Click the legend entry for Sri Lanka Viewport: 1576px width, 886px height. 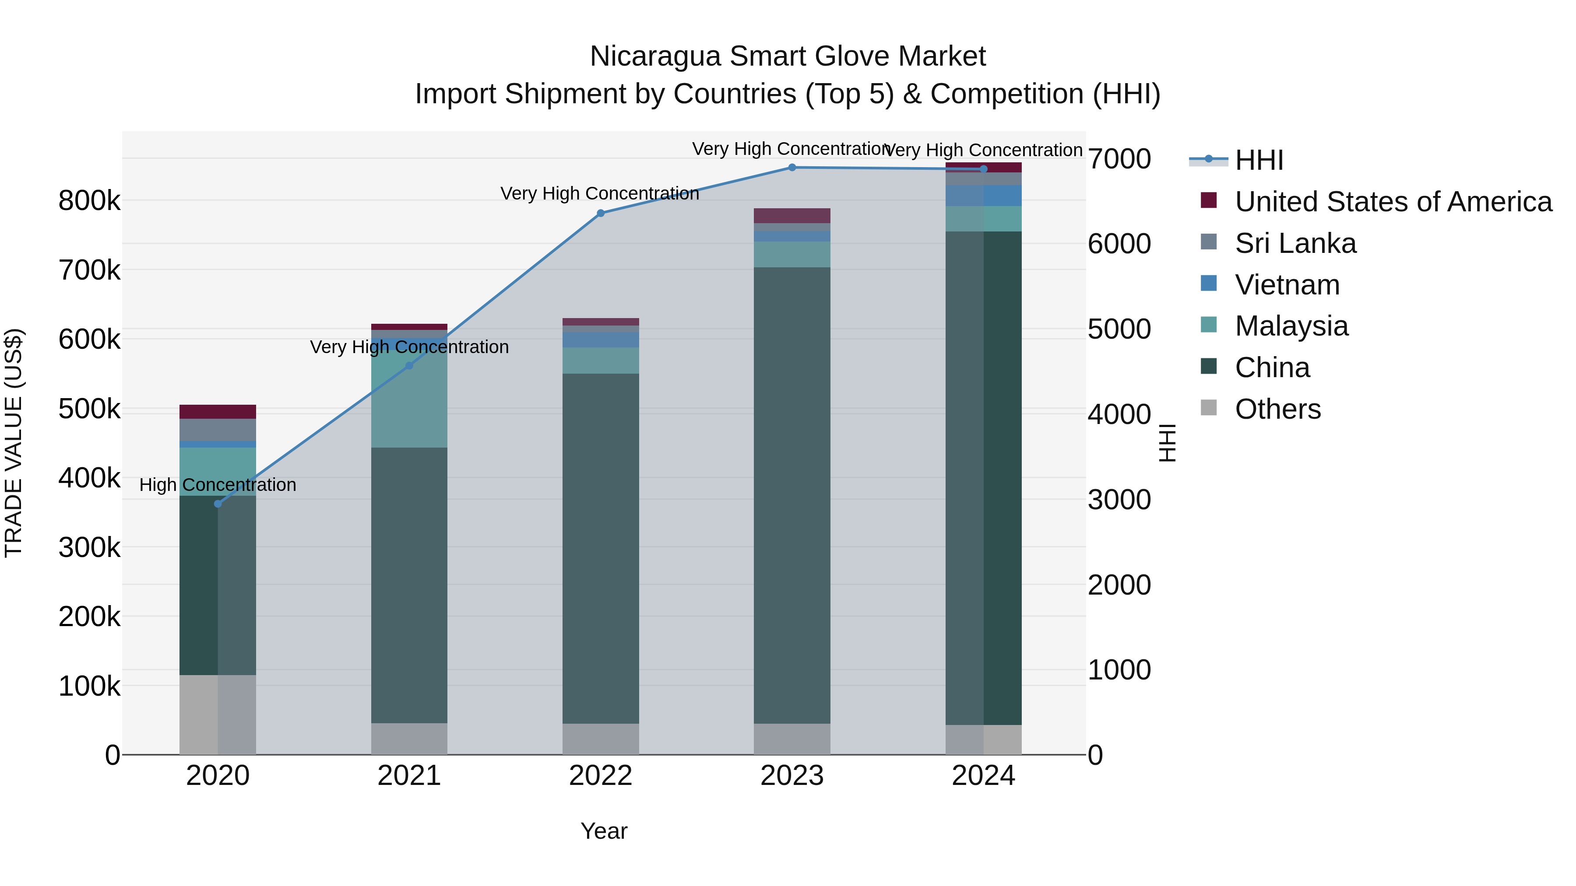point(1295,243)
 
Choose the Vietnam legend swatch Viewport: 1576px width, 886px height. point(1209,284)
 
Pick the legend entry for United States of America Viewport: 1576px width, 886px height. point(1393,202)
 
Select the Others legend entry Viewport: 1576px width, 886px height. point(1277,409)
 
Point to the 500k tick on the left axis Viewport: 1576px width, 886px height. point(89,409)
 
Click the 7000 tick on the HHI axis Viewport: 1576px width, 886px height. point(1119,159)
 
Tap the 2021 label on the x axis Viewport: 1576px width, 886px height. point(409,776)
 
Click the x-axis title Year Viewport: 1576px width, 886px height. point(604,831)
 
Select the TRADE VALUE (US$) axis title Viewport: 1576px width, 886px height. point(14,443)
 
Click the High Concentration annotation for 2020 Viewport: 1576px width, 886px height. point(218,485)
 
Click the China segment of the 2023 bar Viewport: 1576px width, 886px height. point(792,495)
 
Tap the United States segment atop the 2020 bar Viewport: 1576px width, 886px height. point(218,412)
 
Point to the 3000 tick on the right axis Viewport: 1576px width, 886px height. point(1119,500)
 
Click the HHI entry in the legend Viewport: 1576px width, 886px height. point(1259,160)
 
